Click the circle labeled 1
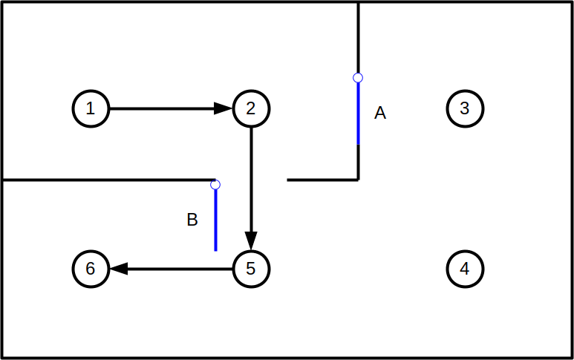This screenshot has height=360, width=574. [91, 108]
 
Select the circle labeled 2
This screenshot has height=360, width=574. [251, 108]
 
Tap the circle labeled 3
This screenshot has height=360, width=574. [465, 108]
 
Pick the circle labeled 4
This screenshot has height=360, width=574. [465, 268]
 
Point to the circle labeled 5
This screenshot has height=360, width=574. [251, 268]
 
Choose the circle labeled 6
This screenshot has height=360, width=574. [91, 268]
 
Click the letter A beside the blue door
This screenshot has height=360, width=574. [380, 114]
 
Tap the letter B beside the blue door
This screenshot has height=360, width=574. [192, 220]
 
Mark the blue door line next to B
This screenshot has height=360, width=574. [215, 220]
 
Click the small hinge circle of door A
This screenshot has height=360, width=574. [358, 77]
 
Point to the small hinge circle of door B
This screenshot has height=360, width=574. [215, 184]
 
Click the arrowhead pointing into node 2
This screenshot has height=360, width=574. [224, 108]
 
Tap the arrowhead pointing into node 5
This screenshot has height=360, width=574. [251, 240]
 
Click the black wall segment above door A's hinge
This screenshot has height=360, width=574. [358, 37]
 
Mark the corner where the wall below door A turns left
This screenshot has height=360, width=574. [358, 179]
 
